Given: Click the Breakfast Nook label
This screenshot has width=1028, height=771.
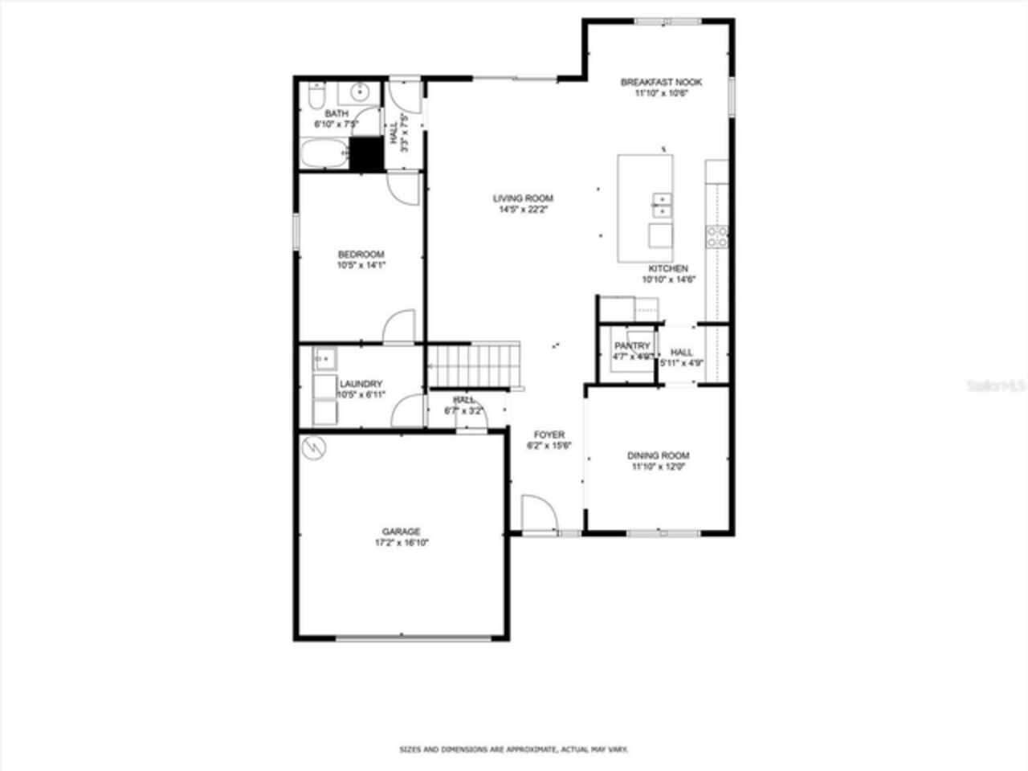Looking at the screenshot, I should coord(661,82).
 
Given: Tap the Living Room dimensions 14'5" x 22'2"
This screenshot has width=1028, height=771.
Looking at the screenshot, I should coord(523,210).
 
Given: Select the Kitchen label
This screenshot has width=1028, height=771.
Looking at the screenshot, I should coord(667,268).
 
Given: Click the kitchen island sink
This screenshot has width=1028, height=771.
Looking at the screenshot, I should coord(663,206).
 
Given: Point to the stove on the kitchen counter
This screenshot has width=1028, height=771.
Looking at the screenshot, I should coord(716,236).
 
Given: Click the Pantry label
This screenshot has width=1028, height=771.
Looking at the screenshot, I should coord(632,346).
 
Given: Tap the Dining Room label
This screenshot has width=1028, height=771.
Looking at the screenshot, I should coord(658,455).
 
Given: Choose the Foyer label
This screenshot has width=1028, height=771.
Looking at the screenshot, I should coord(549,434).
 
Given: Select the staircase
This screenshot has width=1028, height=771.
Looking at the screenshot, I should coord(473,365).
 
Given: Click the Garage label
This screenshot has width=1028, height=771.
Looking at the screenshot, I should coord(401,532).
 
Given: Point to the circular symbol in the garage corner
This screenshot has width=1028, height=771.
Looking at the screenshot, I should coord(313,447).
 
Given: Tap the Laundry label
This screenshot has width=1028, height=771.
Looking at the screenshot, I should coord(361,384).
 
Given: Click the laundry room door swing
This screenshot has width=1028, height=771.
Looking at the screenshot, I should coord(406,411).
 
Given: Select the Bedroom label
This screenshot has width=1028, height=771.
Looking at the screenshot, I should coord(361,254).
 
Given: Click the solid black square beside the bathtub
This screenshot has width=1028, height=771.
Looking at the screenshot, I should coord(366,153).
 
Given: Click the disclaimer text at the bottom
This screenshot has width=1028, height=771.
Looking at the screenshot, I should coord(514,749).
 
